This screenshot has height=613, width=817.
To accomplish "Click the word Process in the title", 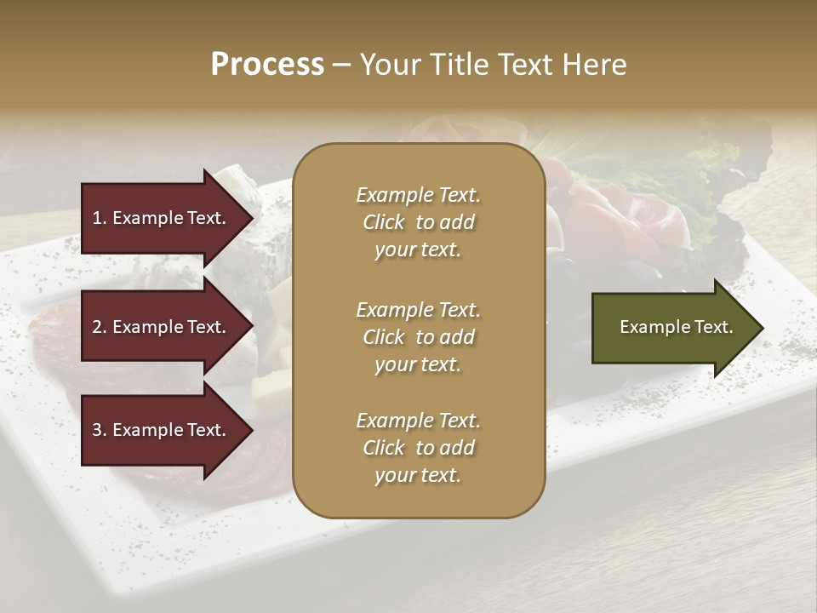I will (x=267, y=65).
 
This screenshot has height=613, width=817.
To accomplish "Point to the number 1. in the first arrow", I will (x=100, y=218).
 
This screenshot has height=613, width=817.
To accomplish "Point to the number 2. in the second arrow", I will (x=100, y=327).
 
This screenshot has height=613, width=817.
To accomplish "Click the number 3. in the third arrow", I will (x=100, y=430).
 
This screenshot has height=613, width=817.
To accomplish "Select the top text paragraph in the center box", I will (x=418, y=222).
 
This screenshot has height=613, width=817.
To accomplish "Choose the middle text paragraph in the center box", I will (x=418, y=337).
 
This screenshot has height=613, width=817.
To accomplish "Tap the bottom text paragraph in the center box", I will (x=418, y=448).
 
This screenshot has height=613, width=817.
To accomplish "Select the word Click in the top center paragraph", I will (x=384, y=222).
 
